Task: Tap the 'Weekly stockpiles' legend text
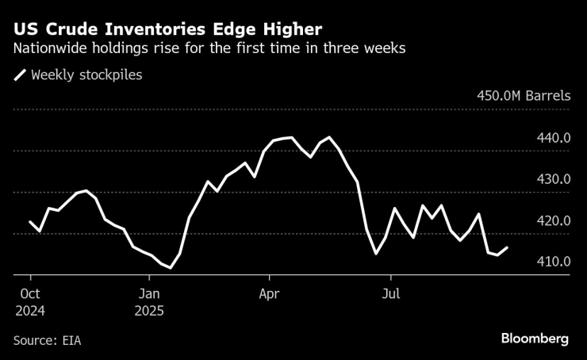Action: (86, 76)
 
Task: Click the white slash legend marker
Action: (20, 76)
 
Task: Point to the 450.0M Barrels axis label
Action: (523, 96)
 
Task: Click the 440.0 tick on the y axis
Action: (554, 138)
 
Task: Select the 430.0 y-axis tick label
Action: (554, 179)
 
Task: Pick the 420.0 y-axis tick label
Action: (554, 220)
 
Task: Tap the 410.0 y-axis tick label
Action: (554, 262)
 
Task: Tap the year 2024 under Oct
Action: (29, 311)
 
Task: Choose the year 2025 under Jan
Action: (148, 311)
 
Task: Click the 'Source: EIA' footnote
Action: (48, 340)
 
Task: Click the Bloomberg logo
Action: (534, 339)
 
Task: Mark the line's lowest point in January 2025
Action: (171, 268)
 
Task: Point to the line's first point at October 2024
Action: (30, 222)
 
